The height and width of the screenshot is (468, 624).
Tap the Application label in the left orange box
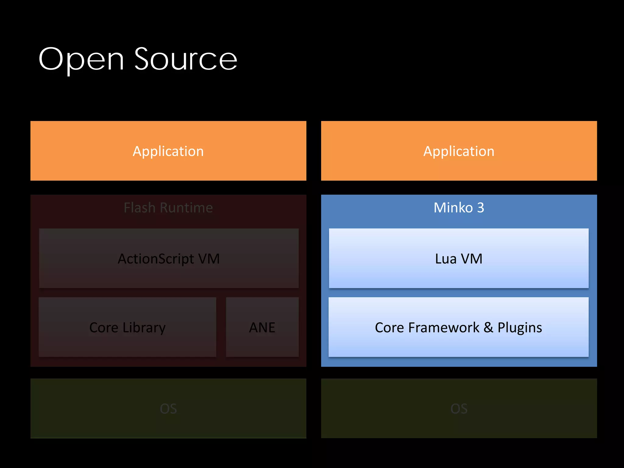tap(168, 151)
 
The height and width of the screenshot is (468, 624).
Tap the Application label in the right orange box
tap(459, 151)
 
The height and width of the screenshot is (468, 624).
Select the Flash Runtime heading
tap(168, 208)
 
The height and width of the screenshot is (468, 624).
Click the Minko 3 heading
tap(459, 208)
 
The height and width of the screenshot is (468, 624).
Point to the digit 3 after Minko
tap(480, 208)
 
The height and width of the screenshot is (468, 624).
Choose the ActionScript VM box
tap(169, 258)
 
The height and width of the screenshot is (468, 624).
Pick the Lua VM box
tap(459, 258)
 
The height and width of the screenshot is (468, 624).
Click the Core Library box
tap(127, 327)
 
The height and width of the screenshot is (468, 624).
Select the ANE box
tap(262, 327)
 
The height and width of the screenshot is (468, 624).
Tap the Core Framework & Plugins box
tap(459, 327)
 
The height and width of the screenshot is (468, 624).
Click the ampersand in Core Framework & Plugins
tap(488, 327)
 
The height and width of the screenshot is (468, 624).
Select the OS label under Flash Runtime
tap(168, 409)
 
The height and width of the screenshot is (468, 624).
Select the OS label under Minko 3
tap(459, 409)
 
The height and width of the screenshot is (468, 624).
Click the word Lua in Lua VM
tap(446, 259)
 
